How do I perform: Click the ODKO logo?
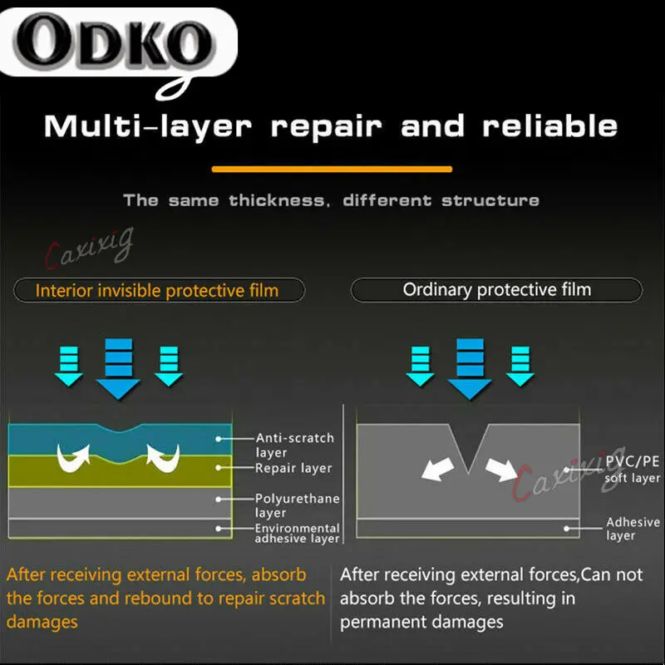click(x=116, y=42)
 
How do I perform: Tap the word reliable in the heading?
click(x=550, y=126)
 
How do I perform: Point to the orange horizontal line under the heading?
click(x=332, y=170)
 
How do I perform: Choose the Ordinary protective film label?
click(x=497, y=289)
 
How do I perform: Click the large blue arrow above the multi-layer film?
click(x=118, y=368)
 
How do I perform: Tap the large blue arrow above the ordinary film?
click(x=470, y=368)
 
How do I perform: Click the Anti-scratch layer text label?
click(x=295, y=445)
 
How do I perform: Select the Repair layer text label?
click(x=293, y=468)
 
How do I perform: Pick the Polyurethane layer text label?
click(x=298, y=505)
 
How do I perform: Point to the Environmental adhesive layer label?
click(x=298, y=533)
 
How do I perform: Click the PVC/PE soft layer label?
click(x=633, y=469)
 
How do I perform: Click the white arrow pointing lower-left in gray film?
click(x=438, y=469)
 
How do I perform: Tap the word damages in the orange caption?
click(x=42, y=622)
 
